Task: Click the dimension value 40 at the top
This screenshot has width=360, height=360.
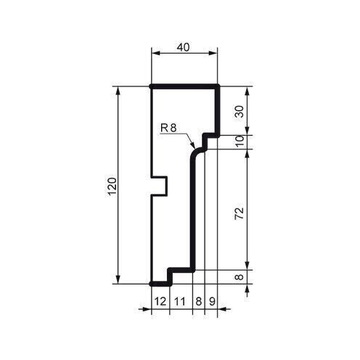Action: (184, 46)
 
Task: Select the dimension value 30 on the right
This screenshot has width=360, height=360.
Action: (239, 110)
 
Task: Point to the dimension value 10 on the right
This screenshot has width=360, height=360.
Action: (239, 142)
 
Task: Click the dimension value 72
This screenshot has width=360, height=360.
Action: (239, 213)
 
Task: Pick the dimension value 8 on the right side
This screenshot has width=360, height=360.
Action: (239, 276)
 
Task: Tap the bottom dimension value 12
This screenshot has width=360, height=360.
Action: (160, 300)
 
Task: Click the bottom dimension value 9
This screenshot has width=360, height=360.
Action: (211, 300)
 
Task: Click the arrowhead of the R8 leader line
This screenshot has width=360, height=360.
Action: (192, 147)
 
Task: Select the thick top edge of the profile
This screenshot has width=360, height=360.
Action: (184, 87)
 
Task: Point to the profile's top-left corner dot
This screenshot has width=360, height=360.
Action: (151, 87)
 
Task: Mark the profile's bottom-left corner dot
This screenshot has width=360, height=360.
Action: (151, 283)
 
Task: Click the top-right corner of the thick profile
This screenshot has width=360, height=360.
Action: (218, 87)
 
